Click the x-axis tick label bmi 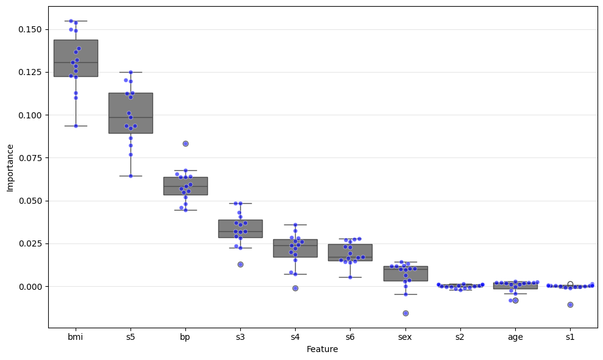point(76,337)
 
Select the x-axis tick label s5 point(130,337)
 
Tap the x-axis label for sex point(405,337)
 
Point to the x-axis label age point(515,337)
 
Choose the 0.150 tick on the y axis point(29,29)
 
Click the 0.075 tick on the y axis point(29,158)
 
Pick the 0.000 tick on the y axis point(29,287)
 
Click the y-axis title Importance point(10,167)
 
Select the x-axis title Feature point(323,350)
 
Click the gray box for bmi point(76,58)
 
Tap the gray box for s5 point(130,113)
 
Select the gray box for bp point(185,186)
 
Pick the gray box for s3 point(240,229)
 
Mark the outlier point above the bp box point(185,143)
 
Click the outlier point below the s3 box point(240,264)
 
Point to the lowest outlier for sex point(405,313)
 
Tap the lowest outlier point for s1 point(570,304)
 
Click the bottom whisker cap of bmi point(76,126)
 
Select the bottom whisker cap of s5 point(130,176)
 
